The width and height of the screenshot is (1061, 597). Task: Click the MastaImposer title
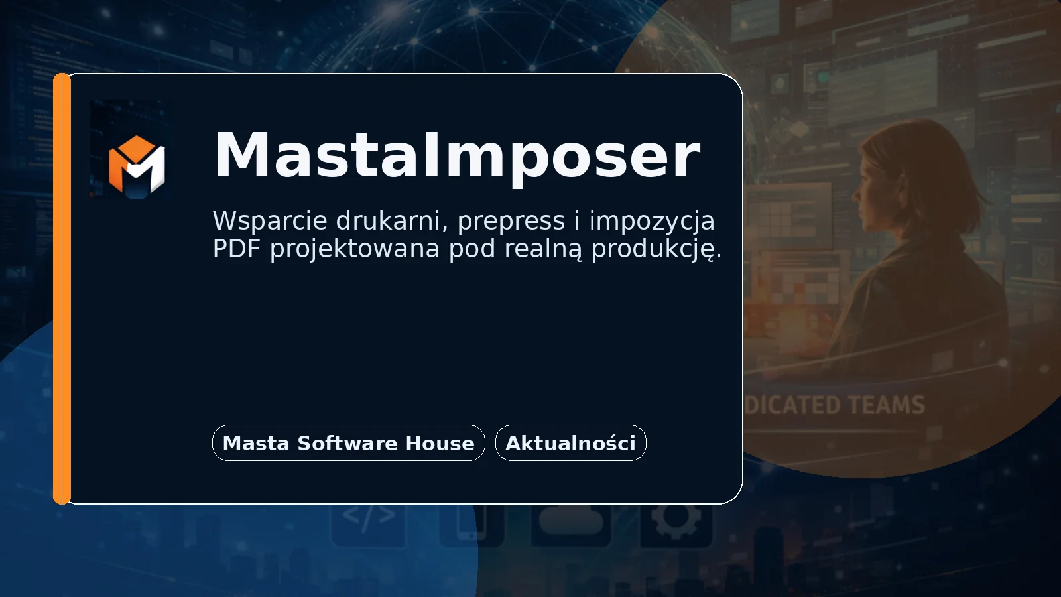click(456, 156)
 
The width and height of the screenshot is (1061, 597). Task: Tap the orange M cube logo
click(137, 165)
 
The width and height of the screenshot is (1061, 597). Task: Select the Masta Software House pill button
click(348, 443)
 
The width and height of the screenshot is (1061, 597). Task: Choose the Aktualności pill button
click(570, 443)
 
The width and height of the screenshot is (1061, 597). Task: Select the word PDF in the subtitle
click(236, 249)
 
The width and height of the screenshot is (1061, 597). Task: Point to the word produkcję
click(656, 250)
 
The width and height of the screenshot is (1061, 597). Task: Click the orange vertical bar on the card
click(62, 289)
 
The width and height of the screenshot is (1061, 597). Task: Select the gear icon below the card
click(675, 521)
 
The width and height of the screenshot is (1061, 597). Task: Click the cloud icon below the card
click(570, 519)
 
